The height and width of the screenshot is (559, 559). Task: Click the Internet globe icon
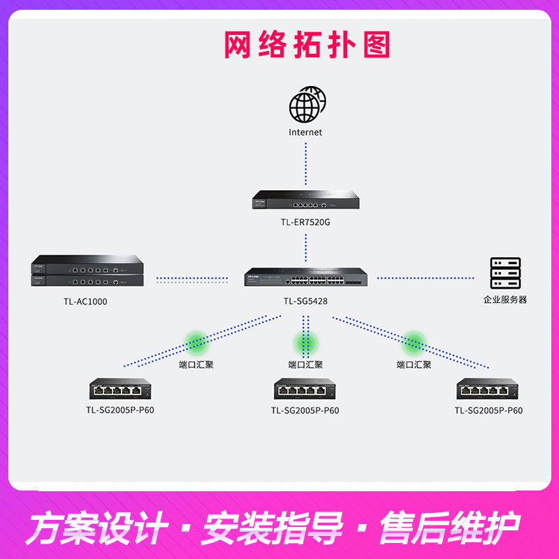coord(307,104)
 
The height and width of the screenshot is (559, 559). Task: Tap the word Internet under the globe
coord(305,132)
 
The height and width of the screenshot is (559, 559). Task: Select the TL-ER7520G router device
coord(305,200)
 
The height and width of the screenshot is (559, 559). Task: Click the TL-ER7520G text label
coord(305,222)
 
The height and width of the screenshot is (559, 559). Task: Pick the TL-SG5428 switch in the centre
coord(305,277)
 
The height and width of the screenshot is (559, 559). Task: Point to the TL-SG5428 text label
coord(305,301)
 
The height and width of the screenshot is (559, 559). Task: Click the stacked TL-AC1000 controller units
coord(87,270)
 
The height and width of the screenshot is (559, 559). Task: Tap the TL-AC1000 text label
coord(85,302)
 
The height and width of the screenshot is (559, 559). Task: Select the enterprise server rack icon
coord(505,273)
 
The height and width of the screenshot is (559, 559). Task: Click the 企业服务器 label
coord(504,300)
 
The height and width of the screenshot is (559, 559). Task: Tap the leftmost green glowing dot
coord(196,342)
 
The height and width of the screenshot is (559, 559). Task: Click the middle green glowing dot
coord(305,342)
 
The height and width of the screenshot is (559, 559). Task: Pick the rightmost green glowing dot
coord(414,342)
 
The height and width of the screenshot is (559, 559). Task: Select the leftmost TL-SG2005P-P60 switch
coord(120,389)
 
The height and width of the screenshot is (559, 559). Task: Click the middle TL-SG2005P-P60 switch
coord(305,389)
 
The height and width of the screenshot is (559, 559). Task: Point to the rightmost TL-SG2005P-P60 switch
coord(487,389)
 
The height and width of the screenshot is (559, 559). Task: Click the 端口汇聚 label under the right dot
coord(414,365)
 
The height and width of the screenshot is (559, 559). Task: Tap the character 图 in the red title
coord(377,45)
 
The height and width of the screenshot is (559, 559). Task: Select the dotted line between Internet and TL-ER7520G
coord(305,164)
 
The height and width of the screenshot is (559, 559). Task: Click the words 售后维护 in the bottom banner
coord(450,528)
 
